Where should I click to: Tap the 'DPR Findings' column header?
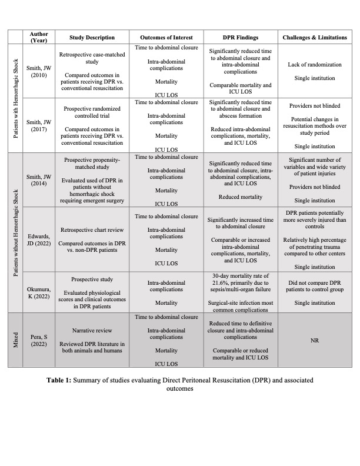(241, 38)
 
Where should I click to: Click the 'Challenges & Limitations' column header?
(314, 38)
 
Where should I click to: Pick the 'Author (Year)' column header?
(39, 38)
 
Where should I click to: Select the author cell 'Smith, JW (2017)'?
(39, 126)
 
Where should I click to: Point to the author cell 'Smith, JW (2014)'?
(39, 179)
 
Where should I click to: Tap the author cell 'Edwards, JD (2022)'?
(39, 241)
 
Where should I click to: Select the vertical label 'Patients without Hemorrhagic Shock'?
(15, 233)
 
